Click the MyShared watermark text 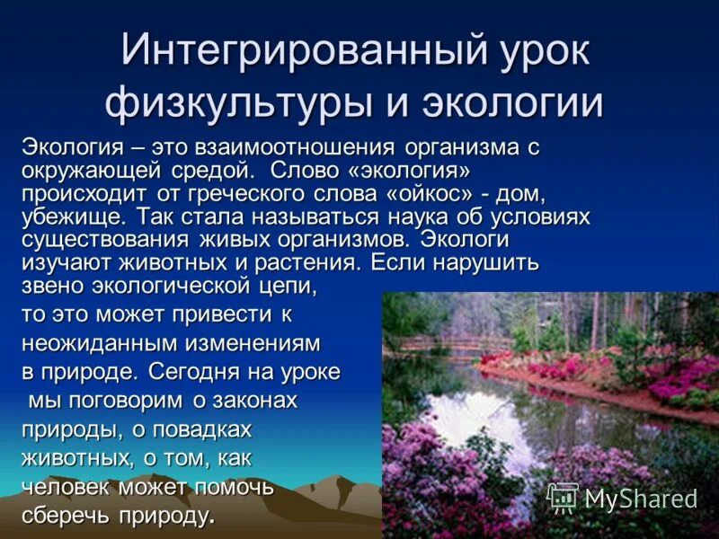pyautogui.click(x=640, y=499)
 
